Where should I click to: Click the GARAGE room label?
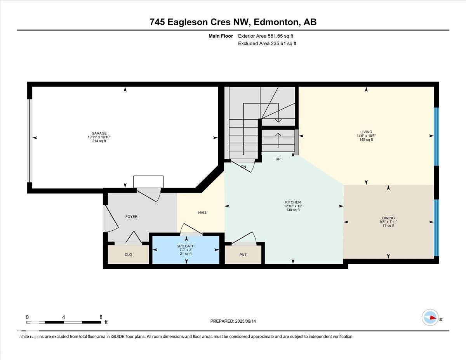[97, 133]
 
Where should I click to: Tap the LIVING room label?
[366, 132]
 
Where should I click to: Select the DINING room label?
[388, 218]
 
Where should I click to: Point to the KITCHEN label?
[293, 202]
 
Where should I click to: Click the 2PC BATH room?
[186, 250]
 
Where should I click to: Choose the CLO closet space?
[128, 255]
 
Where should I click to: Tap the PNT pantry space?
[243, 255]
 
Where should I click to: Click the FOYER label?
[131, 217]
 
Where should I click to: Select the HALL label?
[202, 212]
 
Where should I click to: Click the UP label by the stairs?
[278, 159]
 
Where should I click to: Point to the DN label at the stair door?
[243, 167]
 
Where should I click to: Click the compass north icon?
[431, 318]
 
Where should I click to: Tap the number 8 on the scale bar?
[101, 317]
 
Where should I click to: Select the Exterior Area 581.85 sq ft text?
[266, 36]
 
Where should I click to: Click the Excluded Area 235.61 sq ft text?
[267, 43]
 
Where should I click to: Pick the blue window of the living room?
[436, 136]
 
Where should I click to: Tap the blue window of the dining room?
[436, 228]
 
